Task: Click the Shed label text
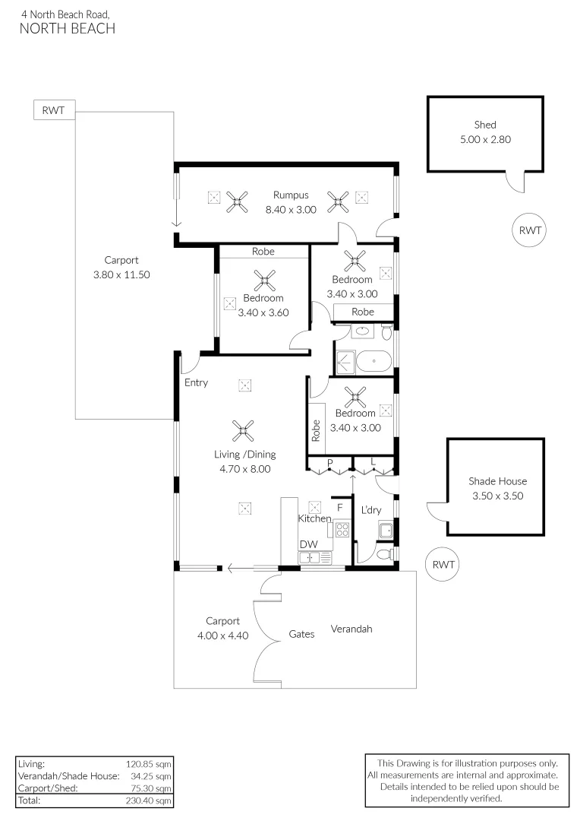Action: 485,125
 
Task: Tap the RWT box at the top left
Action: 53,110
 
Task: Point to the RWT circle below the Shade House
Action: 443,565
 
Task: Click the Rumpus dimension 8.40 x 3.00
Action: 290,210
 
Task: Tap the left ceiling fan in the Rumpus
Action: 238,201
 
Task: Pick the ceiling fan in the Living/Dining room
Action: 244,432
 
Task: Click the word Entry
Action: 196,382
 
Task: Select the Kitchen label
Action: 314,518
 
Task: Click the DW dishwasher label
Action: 308,544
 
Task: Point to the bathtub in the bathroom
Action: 374,361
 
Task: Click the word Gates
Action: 301,634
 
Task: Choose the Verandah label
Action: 351,629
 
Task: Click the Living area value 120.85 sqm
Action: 149,763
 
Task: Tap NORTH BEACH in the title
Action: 68,29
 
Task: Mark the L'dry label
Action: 370,509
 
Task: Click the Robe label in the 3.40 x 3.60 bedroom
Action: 263,252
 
